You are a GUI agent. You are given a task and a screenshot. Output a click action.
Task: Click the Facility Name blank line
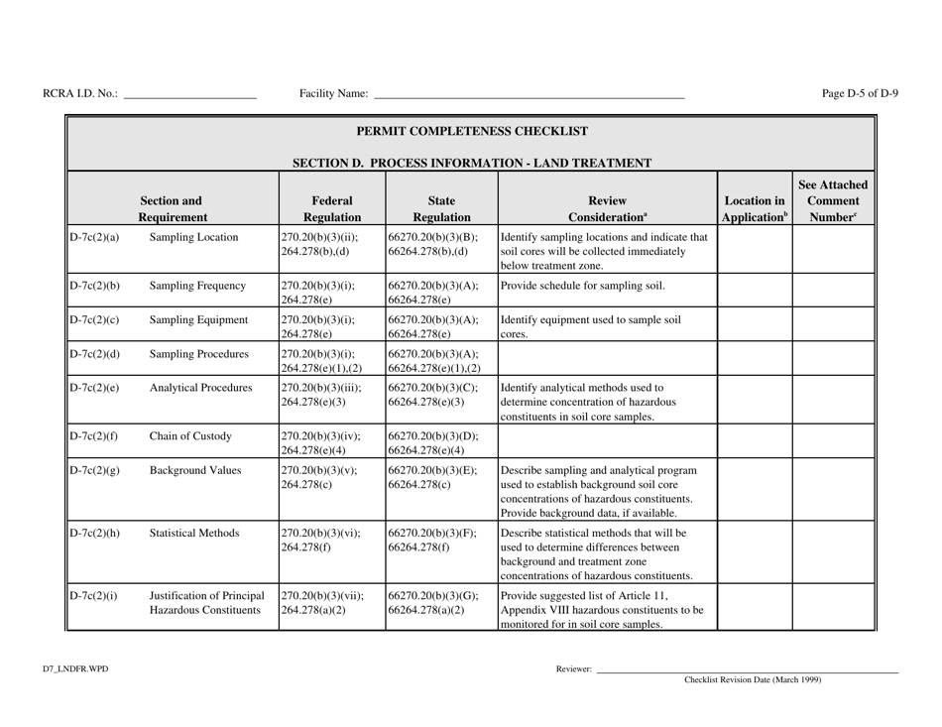(528, 96)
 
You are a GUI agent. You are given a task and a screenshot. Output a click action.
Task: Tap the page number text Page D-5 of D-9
(860, 94)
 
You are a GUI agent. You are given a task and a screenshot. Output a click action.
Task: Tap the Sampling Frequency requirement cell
(197, 286)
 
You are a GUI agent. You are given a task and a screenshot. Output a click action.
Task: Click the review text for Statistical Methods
(602, 553)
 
